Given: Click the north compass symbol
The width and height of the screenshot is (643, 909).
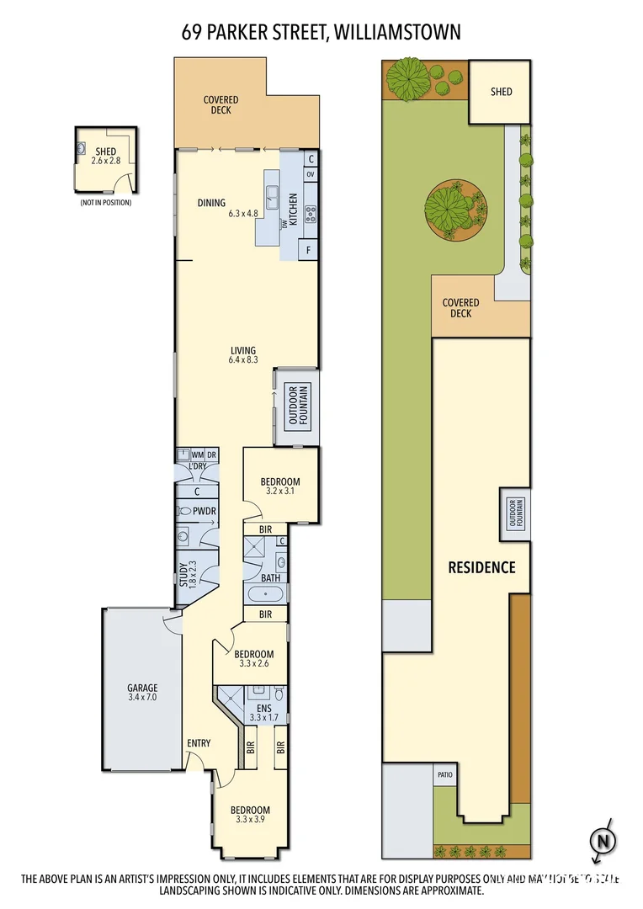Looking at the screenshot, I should coord(602,840).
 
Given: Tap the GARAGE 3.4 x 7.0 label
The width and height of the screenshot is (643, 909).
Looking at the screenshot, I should coord(142,693).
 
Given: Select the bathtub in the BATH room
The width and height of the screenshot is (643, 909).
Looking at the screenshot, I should coord(267,593).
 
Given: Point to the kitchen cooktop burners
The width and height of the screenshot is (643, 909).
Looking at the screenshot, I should coord(310,212).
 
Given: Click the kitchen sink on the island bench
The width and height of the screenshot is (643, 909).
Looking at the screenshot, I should coord(273,198).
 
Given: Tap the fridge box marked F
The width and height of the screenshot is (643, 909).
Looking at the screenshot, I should coord(310,250).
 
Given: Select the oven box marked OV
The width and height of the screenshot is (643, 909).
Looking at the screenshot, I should coord(310,174).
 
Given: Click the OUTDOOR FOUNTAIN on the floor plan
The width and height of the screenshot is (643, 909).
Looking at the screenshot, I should coord(298,405).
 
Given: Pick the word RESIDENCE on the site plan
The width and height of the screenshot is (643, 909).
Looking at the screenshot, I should coord(481,567).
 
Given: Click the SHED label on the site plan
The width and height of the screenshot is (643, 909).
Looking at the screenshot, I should coord(501,92).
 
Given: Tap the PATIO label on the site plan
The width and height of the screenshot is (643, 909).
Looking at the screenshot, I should coord(444,775).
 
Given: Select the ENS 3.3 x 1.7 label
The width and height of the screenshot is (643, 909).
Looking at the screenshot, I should coord(263,713).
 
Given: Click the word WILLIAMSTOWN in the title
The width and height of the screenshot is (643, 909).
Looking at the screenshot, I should coord(396,33).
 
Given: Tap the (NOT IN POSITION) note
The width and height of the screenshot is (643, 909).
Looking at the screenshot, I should coord(106,203).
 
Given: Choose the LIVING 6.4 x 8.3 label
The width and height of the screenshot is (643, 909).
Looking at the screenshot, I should coord(243,355).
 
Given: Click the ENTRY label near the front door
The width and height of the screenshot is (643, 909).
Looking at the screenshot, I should coord(199,743).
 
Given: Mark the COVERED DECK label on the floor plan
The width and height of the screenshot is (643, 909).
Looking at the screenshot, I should coord(221,105).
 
